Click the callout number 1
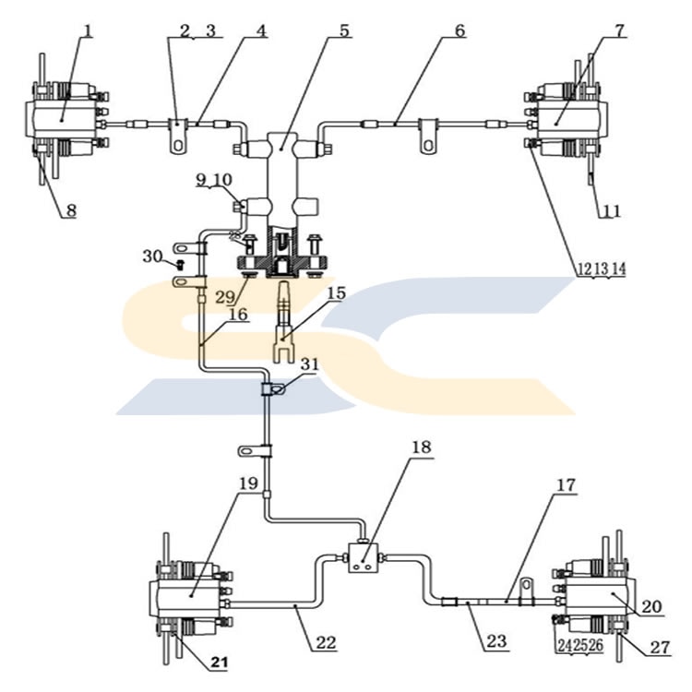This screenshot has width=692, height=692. click(x=89, y=30)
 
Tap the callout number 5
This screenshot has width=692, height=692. click(x=344, y=30)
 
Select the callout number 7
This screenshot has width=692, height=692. click(x=620, y=30)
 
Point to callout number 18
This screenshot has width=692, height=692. click(x=421, y=447)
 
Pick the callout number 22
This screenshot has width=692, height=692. click(x=326, y=642)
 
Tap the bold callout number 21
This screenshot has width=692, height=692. click(x=220, y=662)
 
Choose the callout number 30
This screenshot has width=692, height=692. click(x=152, y=256)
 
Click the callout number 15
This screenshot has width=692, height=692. click(x=336, y=293)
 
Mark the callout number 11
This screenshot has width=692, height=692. click(x=611, y=211)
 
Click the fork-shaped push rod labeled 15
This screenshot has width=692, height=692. click(x=282, y=323)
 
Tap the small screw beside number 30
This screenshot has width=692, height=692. click(x=180, y=265)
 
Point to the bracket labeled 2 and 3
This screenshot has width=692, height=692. click(x=178, y=136)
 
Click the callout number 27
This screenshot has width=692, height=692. click(x=661, y=647)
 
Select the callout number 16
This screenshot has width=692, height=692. click(x=238, y=314)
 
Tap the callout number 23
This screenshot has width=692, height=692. click(x=496, y=640)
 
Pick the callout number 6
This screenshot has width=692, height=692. click(x=459, y=30)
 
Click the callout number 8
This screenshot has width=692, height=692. click(x=71, y=210)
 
